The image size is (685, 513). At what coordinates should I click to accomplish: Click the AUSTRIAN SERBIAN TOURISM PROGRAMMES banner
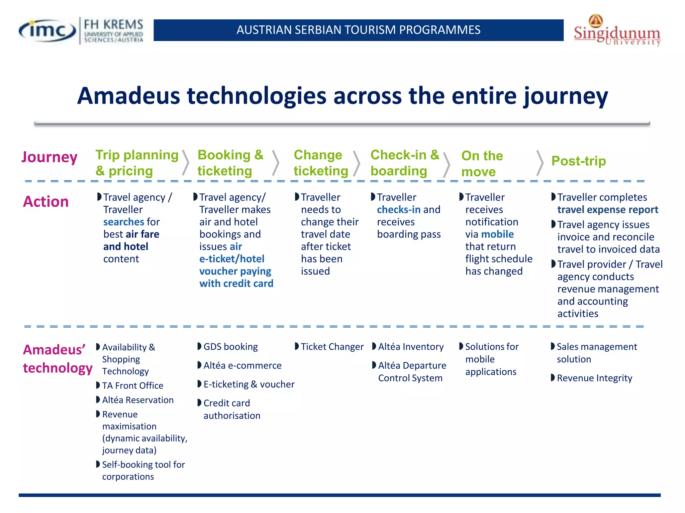[358, 30]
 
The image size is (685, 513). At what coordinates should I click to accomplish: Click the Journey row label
[50, 157]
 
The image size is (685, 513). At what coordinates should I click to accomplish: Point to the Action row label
[46, 202]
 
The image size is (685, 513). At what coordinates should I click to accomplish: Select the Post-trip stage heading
[578, 161]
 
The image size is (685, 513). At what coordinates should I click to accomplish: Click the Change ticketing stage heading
[320, 163]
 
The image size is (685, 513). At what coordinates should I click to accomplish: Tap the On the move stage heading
[482, 164]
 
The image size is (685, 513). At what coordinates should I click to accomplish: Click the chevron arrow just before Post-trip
[540, 163]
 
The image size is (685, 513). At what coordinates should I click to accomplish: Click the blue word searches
[124, 222]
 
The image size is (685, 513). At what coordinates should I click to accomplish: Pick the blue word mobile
[497, 234]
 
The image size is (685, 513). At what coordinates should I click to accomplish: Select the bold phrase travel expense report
[607, 210]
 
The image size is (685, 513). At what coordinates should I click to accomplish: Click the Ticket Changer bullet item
[332, 347]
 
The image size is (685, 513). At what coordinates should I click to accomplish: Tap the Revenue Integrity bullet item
[594, 378]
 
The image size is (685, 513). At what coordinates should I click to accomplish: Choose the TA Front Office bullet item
[132, 386]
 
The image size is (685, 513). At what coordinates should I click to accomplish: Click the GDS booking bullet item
[230, 347]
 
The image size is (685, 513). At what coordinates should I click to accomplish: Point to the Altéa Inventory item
[410, 347]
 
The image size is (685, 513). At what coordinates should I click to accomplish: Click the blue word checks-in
[398, 210]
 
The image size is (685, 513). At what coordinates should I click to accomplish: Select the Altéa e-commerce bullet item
[242, 366]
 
